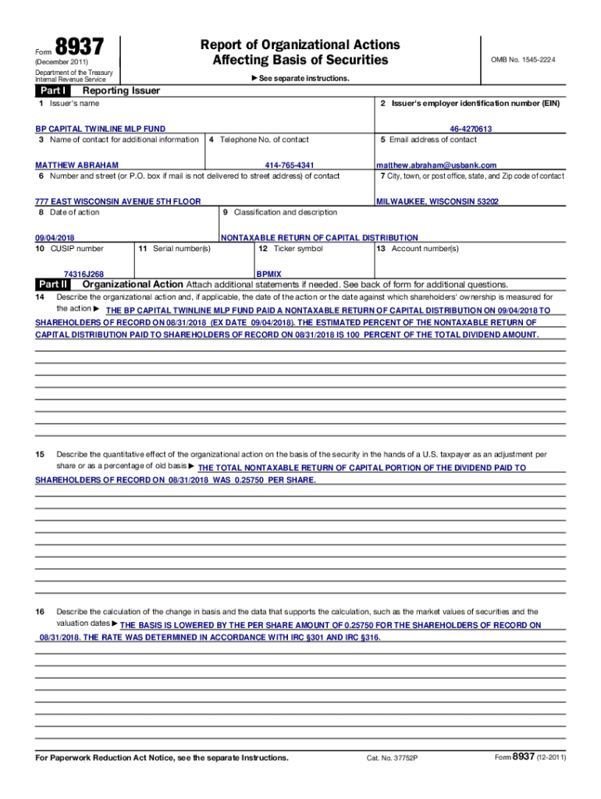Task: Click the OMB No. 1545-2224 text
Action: click(522, 60)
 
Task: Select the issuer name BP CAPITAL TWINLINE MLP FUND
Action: click(100, 129)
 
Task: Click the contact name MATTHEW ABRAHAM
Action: click(77, 165)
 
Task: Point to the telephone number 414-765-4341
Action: click(290, 165)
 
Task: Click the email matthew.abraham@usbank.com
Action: click(436, 165)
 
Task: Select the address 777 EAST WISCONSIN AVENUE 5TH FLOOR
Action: click(118, 201)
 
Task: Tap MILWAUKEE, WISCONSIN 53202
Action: click(437, 201)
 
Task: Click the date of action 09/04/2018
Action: click(55, 238)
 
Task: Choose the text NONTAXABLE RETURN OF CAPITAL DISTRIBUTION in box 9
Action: click(319, 238)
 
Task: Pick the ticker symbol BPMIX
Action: click(269, 275)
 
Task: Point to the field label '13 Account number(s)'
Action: click(418, 249)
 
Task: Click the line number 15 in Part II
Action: click(40, 453)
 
